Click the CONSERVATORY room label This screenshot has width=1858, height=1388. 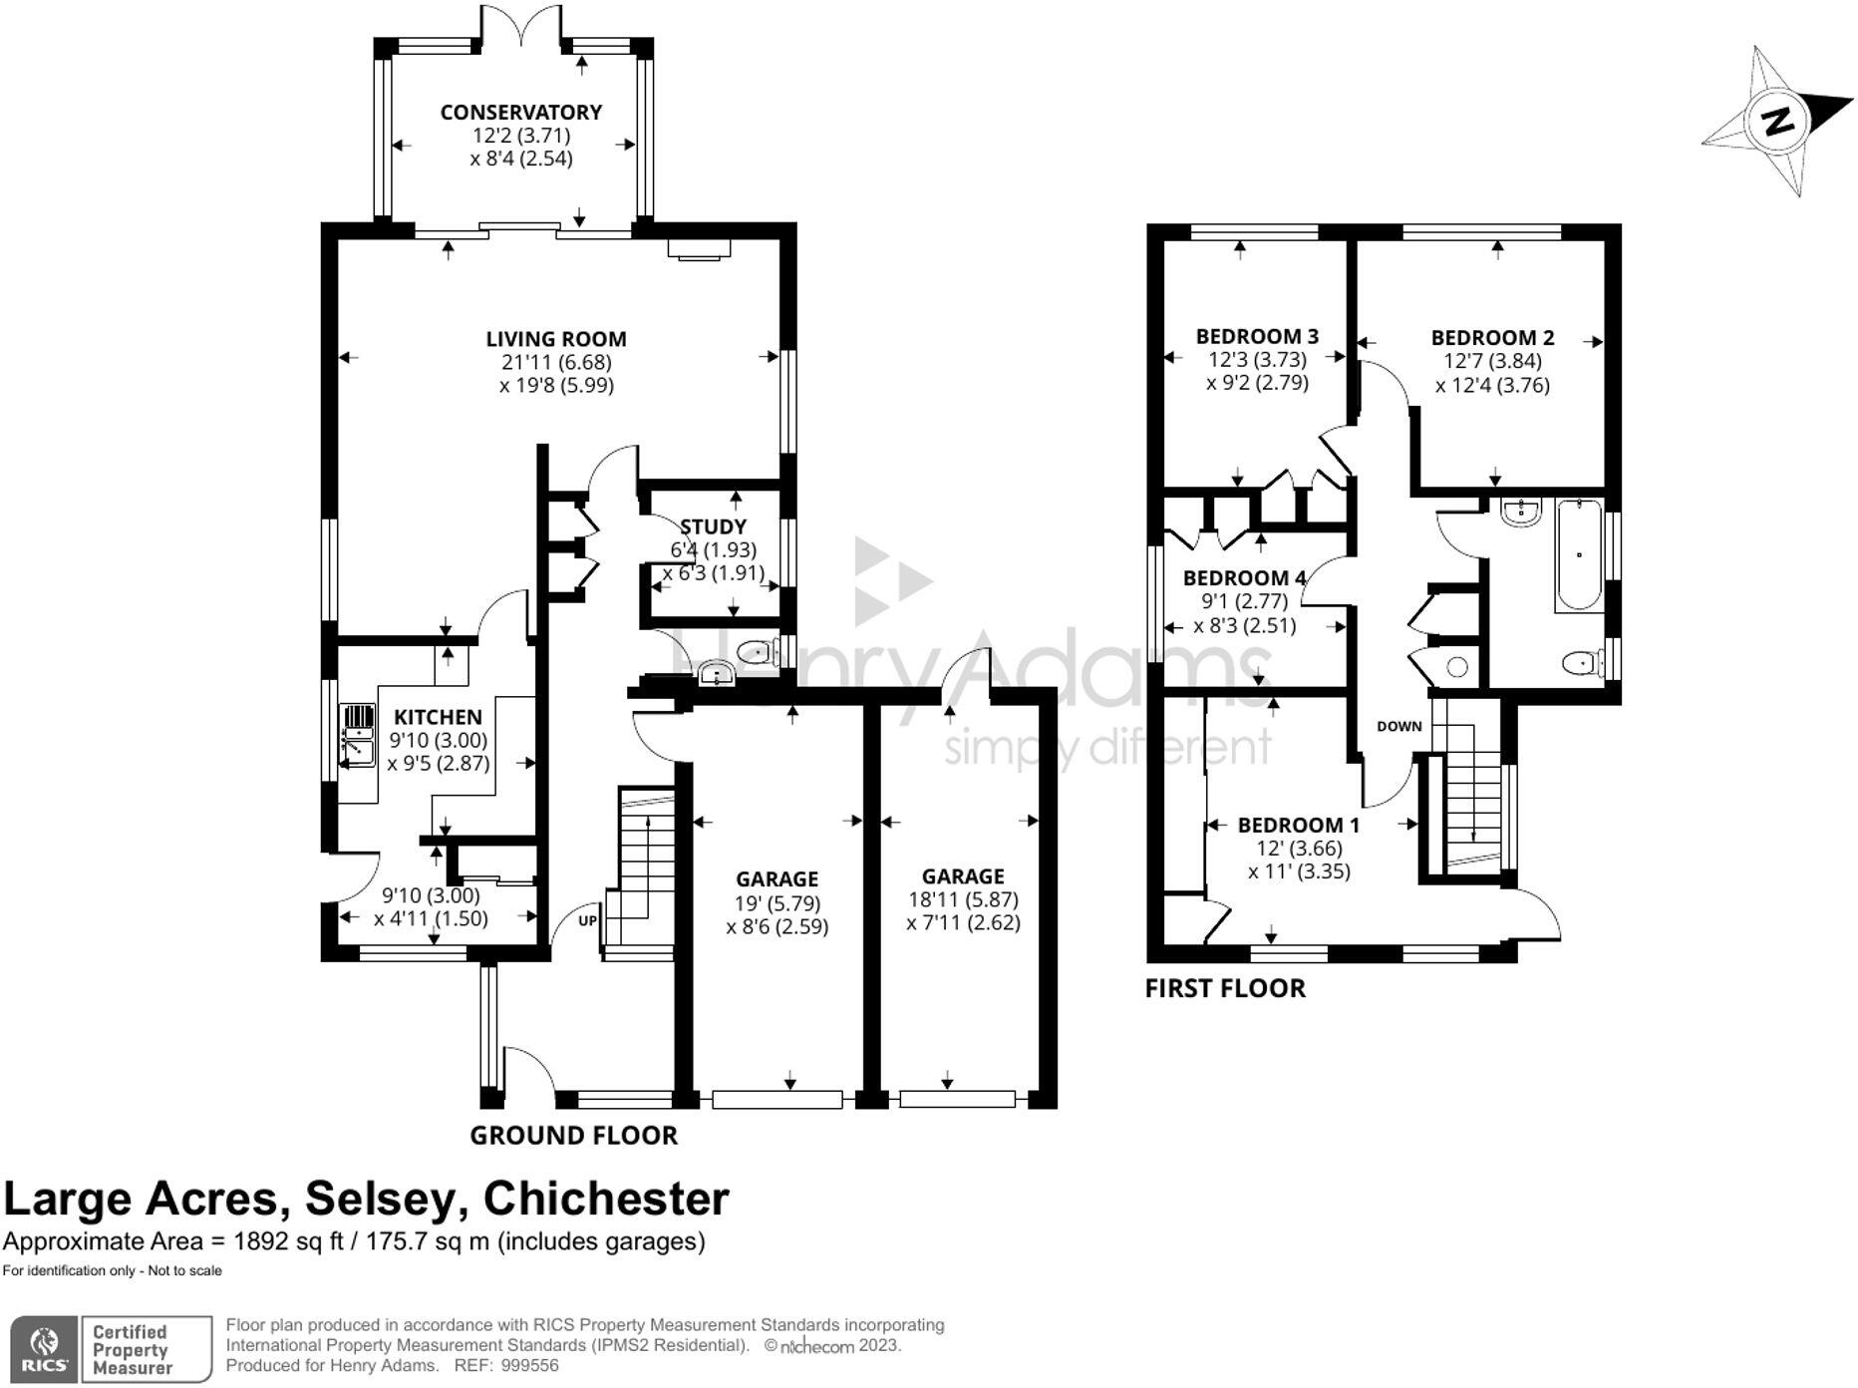coord(521,112)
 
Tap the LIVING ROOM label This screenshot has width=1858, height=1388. coord(555,339)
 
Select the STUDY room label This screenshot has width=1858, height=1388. coord(713,526)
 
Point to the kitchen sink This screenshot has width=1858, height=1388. coord(356,735)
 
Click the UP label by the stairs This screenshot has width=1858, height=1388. coord(587,920)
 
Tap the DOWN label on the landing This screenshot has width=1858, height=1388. coord(1399,726)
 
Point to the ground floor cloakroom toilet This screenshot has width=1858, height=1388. coord(760,652)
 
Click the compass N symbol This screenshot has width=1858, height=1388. coord(1777,122)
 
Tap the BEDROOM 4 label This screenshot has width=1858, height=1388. coord(1243,578)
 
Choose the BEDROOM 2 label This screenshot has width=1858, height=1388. coord(1492,338)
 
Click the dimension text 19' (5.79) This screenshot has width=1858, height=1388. coord(776,902)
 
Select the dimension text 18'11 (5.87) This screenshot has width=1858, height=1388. coord(963,899)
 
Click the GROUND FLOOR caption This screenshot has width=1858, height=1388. coord(573,1135)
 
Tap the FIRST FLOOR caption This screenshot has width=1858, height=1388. coord(1224,988)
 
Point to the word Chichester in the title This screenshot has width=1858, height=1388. coord(606,1199)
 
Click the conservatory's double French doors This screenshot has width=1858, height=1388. coord(520,25)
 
